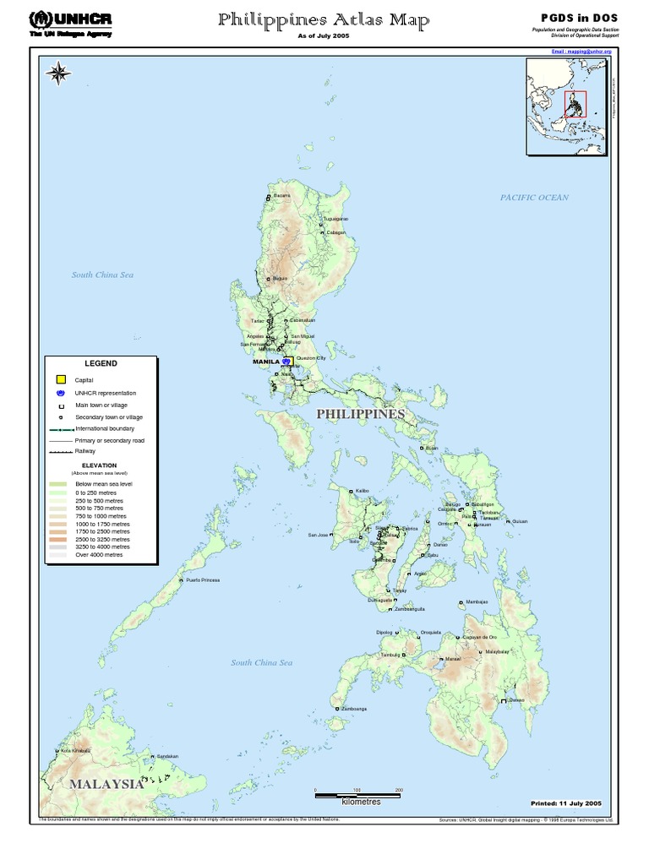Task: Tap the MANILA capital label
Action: [x=266, y=362]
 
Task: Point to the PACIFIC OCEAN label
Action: [x=534, y=198]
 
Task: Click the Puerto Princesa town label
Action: [x=203, y=580]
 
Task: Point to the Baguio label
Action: [x=281, y=278]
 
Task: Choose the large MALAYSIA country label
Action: [x=106, y=783]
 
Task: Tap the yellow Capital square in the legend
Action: [x=60, y=380]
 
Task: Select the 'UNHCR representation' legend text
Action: [x=106, y=393]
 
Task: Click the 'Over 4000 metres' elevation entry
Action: [x=99, y=555]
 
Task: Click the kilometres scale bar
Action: [x=357, y=793]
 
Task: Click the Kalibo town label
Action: [x=363, y=490]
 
